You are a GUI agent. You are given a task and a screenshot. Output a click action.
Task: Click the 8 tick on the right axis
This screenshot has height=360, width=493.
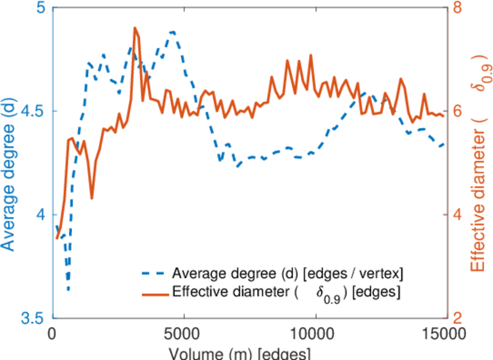tap(456, 8)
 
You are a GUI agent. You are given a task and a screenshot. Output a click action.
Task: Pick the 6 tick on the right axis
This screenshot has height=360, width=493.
tap(456, 112)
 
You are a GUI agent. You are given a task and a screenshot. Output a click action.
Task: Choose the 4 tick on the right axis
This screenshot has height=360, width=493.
tap(456, 215)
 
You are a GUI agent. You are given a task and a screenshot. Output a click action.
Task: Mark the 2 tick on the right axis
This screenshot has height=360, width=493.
tap(456, 318)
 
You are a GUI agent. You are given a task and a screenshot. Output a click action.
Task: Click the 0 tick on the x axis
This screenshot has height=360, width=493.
tap(53, 332)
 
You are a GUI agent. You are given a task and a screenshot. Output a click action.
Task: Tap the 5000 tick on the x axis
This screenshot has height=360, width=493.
tap(184, 332)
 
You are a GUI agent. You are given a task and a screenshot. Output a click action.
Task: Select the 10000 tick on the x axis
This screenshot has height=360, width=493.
tap(314, 332)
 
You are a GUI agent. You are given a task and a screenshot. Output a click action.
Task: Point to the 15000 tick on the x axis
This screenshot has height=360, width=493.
tap(444, 332)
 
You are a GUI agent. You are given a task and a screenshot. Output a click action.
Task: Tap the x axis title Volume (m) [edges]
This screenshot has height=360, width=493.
tap(240, 352)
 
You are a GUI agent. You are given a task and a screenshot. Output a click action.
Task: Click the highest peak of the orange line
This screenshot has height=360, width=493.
tap(135, 28)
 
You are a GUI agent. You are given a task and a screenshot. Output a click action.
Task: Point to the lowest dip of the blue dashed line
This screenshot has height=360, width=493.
tap(68, 290)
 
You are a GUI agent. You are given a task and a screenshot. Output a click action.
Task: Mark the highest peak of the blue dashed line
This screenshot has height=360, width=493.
tap(173, 32)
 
